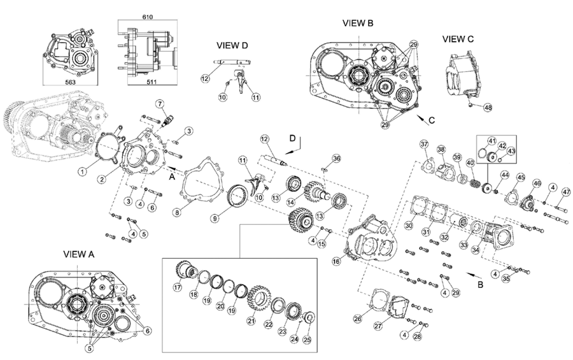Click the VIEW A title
coord(78,253)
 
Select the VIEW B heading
coord(358,23)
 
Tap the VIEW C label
coord(458,39)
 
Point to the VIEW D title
coord(232,45)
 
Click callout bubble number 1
coord(81,171)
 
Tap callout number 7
coord(159,104)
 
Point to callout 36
coord(337,158)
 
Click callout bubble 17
coord(178,287)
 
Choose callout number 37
coord(424,145)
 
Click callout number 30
coord(408,226)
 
